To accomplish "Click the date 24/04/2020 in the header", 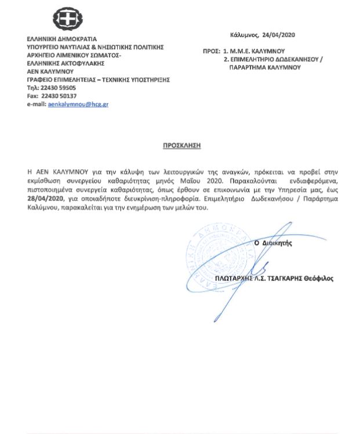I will (279, 36).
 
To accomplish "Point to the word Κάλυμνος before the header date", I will (244, 36).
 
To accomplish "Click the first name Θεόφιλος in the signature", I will (319, 278).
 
